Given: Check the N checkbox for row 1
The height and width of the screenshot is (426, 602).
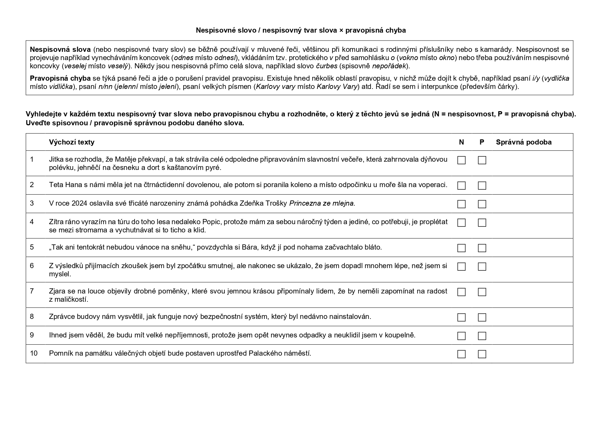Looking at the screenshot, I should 461,160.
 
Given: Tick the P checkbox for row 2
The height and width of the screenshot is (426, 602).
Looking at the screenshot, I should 482,186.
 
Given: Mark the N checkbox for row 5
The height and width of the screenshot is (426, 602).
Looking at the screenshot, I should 461,248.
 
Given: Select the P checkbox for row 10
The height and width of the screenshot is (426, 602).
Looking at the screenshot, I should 482,354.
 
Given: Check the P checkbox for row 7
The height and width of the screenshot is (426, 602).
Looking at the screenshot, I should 482,292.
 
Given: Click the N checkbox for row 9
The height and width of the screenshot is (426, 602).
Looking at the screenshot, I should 461,336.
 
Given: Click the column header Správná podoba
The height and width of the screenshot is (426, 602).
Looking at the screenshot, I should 523,142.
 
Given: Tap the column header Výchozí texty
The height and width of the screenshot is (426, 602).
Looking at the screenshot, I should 71,142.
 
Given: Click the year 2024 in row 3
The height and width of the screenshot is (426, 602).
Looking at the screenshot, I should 80,203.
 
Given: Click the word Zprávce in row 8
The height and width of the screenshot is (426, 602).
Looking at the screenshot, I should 61,316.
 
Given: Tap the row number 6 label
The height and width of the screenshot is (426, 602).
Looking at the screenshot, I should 32,266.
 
